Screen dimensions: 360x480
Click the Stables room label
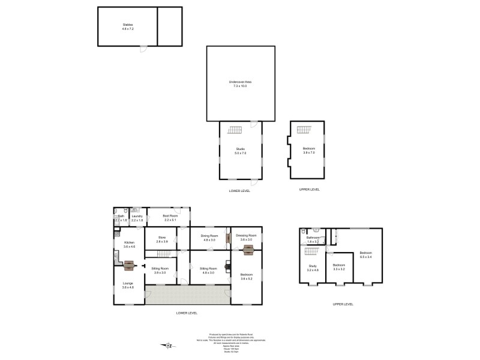(x=127, y=26)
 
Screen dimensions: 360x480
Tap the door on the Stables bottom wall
(x=143, y=47)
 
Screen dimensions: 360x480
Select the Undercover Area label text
(x=240, y=83)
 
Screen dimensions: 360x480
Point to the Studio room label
(x=240, y=151)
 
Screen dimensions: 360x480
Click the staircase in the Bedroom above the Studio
(x=306, y=130)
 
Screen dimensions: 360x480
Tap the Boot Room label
(x=170, y=218)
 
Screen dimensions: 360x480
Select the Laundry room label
(x=136, y=218)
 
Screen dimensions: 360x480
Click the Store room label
(x=161, y=239)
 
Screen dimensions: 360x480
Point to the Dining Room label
(x=209, y=237)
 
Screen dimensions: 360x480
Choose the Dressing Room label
(x=246, y=237)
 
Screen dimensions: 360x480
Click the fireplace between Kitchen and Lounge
(x=128, y=263)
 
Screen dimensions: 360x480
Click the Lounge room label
(x=128, y=285)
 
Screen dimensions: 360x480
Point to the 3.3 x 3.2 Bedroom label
(x=338, y=267)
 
